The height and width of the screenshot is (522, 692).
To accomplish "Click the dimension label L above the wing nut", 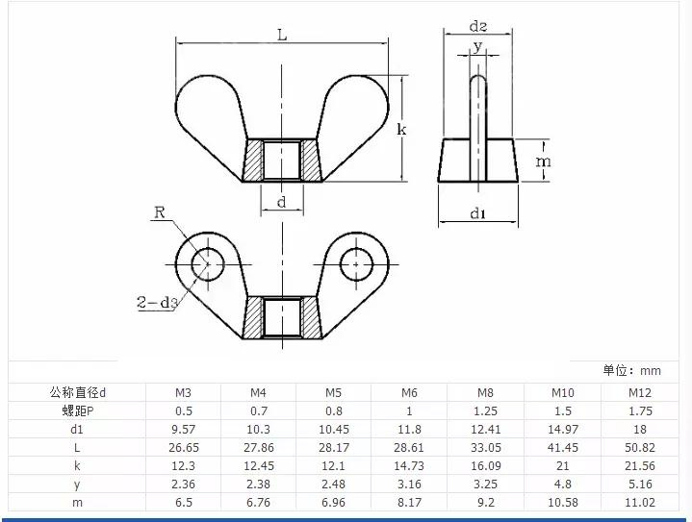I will tap(281, 36).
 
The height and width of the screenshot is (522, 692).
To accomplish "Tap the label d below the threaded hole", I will tap(281, 202).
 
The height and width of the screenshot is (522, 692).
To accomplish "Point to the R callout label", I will tap(162, 212).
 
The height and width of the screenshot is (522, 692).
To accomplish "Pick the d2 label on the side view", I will tap(478, 27).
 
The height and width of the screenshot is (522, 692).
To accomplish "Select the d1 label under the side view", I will tap(478, 213).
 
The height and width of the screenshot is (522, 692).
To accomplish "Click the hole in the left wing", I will tap(205, 261).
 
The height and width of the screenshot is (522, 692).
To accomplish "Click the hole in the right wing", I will tap(356, 261).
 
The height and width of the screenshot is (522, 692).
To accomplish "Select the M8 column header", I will tap(485, 392).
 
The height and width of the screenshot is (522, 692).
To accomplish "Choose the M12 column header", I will tap(640, 392).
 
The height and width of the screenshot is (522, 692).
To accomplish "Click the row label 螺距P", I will tap(77, 410).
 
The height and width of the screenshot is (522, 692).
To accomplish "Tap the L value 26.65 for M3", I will tap(182, 447).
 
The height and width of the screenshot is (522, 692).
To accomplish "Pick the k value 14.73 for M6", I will tap(409, 465).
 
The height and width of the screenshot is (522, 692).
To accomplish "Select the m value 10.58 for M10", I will tap(562, 502).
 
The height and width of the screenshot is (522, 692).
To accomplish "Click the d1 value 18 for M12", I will tap(640, 429).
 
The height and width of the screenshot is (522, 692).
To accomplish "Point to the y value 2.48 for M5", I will tap(333, 484).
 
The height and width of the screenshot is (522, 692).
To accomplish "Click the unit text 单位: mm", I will tap(632, 371).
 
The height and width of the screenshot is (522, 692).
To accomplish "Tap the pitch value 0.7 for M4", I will tap(258, 410).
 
